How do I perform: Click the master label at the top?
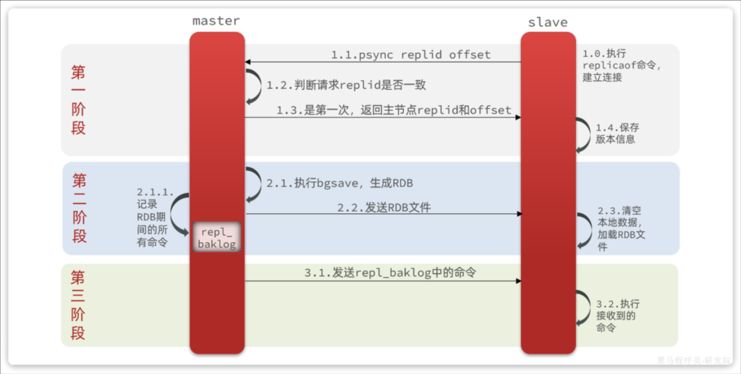[216, 20]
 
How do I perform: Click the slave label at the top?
[548, 22]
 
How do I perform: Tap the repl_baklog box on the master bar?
[216, 236]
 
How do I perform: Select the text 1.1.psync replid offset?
[410, 54]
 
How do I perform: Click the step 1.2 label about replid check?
[346, 85]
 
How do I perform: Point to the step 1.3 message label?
[394, 110]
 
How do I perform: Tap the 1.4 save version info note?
[617, 133]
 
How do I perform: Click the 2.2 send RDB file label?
[384, 207]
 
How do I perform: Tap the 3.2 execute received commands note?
[617, 315]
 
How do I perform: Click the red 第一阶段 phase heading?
[78, 100]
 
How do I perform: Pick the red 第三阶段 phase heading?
[78, 305]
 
